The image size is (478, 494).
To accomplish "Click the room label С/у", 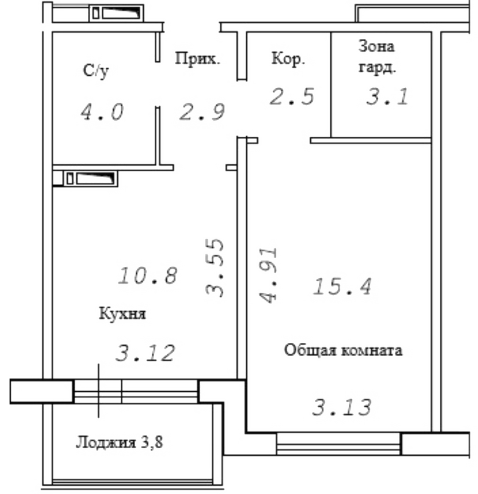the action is point(96,71).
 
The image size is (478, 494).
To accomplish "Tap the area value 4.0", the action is point(102,112).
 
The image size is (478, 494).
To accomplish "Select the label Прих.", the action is point(197,59).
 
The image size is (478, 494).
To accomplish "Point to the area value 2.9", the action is point(202,112).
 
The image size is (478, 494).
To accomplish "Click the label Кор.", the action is point(288,59).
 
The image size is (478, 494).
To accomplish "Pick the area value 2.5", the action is point(292,96).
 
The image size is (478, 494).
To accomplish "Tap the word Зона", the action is point(376,47).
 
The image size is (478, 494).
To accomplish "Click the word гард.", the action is point(377,67).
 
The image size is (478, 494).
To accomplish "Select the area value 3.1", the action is point(387,96).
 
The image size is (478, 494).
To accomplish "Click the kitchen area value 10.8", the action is point(148,275).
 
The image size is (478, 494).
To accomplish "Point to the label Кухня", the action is point(122,314).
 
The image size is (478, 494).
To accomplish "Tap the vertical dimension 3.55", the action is point(215,268).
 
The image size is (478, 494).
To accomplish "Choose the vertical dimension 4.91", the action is point(268,275).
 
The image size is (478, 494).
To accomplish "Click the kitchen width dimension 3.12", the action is point(145,353).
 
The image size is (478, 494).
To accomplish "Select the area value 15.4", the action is point(342,286).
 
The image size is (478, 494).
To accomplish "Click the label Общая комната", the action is point(343,350).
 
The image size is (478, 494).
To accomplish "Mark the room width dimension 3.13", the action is point(342,407).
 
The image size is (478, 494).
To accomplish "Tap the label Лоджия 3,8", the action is point(119,443).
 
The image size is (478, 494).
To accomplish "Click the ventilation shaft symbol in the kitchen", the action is point(90,179).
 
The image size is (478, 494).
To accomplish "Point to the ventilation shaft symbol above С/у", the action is point(117,13).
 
